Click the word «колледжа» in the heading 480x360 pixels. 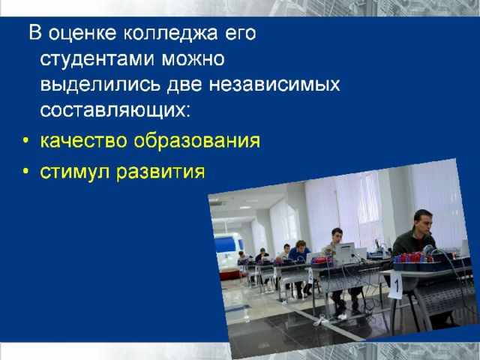pyautogui.click(x=170, y=34)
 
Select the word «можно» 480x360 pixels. pyautogui.click(x=193, y=58)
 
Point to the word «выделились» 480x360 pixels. pyautogui.click(x=100, y=85)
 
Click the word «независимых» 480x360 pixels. pyautogui.click(x=274, y=85)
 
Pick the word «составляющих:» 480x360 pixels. pyautogui.click(x=115, y=110)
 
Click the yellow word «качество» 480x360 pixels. pyautogui.click(x=83, y=141)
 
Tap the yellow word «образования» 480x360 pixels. pyautogui.click(x=197, y=141)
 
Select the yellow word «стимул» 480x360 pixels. pyautogui.click(x=75, y=172)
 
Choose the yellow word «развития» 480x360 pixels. pyautogui.click(x=160, y=172)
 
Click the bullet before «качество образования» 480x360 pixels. pyautogui.click(x=25, y=142)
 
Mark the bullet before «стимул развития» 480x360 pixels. pyautogui.click(x=25, y=172)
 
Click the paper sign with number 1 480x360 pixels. pyautogui.click(x=395, y=285)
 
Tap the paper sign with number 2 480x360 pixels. pyautogui.click(x=310, y=276)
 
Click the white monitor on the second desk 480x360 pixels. pyautogui.click(x=345, y=253)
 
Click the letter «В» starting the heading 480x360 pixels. pyautogui.click(x=35, y=33)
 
